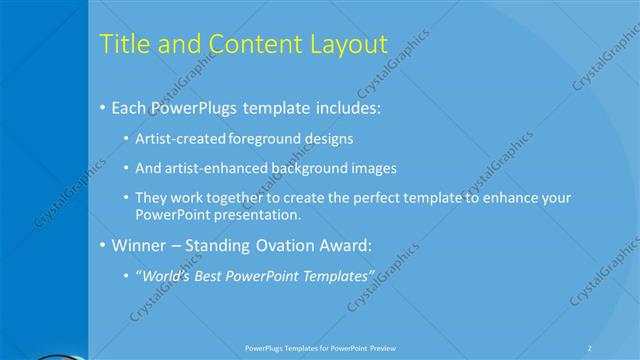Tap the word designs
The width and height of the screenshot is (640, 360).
329,138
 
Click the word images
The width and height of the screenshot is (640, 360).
375,168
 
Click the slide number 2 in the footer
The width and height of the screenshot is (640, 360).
590,347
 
